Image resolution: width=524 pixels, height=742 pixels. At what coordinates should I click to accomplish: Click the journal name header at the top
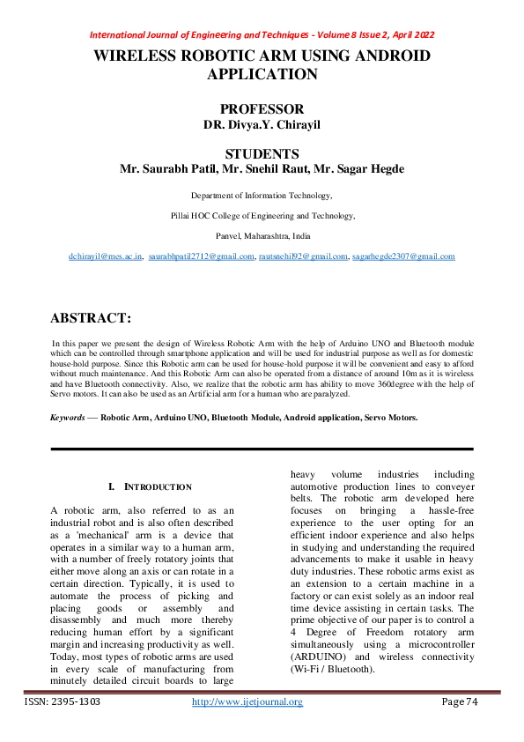click(262, 35)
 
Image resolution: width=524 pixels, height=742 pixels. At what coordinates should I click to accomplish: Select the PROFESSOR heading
click(262, 109)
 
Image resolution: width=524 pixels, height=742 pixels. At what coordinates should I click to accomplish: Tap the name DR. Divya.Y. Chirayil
click(262, 125)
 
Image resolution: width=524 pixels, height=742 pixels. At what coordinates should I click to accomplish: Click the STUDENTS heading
click(262, 153)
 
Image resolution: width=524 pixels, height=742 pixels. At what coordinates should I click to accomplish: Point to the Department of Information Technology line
click(262, 195)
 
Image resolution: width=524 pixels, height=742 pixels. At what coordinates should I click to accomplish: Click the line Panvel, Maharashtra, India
click(262, 235)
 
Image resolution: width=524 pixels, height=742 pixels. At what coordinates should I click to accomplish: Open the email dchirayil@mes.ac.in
click(106, 256)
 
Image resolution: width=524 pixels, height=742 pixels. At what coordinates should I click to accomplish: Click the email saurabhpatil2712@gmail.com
click(201, 256)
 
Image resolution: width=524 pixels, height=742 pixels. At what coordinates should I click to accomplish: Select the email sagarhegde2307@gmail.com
click(402, 256)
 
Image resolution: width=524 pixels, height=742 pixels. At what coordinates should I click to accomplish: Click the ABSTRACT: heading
click(91, 317)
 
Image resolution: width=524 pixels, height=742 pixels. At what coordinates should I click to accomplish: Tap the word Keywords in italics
click(68, 416)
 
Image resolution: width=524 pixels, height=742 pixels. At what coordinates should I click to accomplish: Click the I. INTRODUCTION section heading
click(149, 487)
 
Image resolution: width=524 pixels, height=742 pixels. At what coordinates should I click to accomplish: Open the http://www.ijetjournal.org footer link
click(247, 702)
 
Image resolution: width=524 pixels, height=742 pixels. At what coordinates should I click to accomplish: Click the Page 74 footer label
click(459, 702)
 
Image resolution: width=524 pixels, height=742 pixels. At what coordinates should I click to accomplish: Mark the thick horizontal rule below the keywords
click(262, 449)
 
